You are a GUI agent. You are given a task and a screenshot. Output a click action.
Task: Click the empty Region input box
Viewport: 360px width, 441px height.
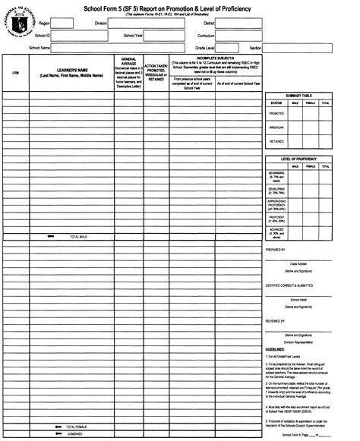62,24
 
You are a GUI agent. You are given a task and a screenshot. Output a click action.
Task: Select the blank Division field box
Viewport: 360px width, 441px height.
145,24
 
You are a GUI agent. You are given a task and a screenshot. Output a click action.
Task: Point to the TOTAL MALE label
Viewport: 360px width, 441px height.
79,237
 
